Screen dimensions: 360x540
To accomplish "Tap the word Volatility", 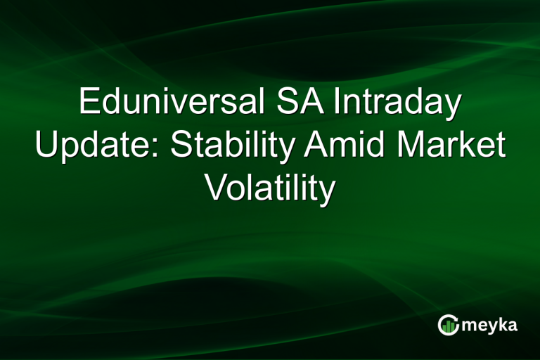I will [x=269, y=188].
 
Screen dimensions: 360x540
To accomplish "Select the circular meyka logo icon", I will [x=448, y=325].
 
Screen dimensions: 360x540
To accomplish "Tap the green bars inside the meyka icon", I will [x=448, y=327].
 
